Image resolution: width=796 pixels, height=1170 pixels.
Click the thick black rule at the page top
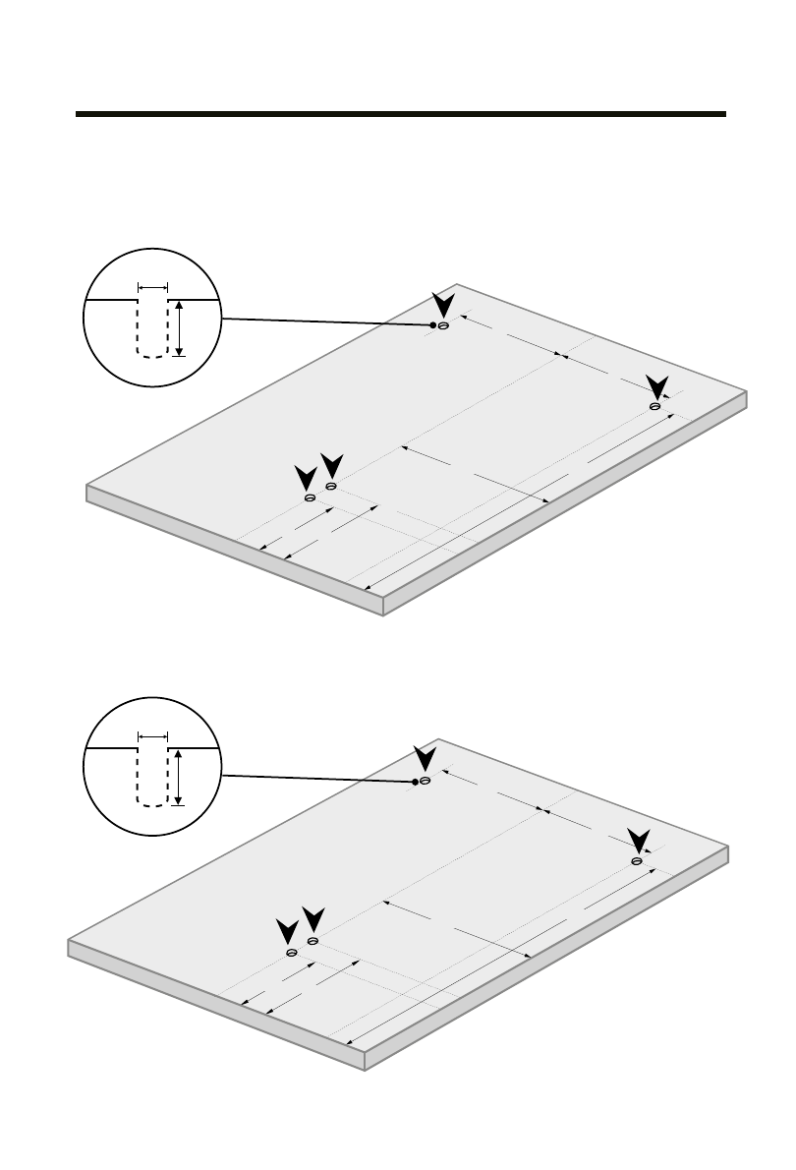(401, 114)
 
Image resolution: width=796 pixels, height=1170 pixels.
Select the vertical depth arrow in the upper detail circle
(179, 327)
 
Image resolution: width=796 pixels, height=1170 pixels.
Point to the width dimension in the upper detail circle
(153, 287)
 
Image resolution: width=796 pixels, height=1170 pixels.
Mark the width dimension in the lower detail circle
(153, 735)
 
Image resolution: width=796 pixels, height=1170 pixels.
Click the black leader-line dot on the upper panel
(432, 324)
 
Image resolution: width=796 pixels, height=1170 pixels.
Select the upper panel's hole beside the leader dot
(443, 325)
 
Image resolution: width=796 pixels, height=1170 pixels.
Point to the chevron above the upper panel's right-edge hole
(655, 385)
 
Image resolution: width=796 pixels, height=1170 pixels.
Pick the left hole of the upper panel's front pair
(311, 498)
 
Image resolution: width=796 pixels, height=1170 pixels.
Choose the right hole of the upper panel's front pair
(331, 486)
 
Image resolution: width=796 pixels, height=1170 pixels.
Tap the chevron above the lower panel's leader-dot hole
(425, 758)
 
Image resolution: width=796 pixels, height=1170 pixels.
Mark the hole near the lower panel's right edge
(637, 861)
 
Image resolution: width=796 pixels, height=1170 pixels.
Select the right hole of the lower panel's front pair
(313, 941)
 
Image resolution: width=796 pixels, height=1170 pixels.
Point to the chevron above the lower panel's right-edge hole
(638, 841)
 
